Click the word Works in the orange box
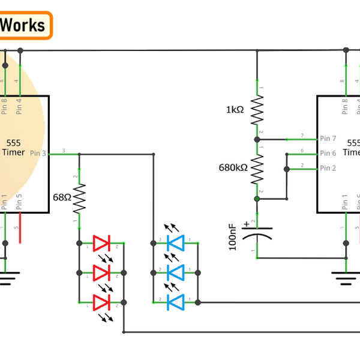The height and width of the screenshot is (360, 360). point(23,25)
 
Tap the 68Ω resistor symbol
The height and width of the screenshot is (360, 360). point(79,199)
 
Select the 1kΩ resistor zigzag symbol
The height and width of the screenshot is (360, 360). point(257,110)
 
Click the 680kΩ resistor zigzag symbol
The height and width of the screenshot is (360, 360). point(257,168)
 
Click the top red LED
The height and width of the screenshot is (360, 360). point(101,244)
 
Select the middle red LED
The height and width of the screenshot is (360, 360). point(101,272)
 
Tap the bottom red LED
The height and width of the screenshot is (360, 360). point(101,302)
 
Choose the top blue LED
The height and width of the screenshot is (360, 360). point(176,244)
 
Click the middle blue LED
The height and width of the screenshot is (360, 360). point(176,272)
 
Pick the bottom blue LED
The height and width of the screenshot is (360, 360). point(176,302)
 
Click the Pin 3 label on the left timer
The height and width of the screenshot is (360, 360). point(37,154)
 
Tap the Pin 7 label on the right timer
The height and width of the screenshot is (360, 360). point(328,139)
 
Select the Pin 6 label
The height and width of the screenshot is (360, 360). point(328,154)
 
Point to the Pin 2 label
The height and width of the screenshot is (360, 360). point(328,168)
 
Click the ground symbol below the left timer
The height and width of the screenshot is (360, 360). point(6,277)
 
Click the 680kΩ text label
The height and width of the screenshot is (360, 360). point(233,168)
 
